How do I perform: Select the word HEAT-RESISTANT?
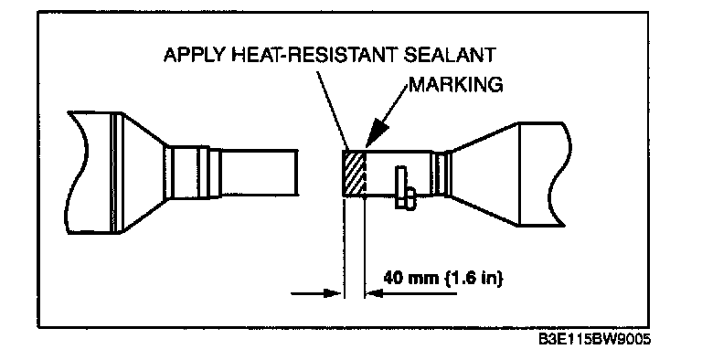314,55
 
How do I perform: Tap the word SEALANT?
450,55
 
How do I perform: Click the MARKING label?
456,85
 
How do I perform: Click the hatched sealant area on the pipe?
354,173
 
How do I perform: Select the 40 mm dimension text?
411,278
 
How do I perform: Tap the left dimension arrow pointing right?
316,293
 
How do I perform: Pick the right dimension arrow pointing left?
411,293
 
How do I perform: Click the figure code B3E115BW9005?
594,339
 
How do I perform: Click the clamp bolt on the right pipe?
405,187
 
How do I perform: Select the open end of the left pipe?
296,173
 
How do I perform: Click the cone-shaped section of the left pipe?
144,173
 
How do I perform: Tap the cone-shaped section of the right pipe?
484,175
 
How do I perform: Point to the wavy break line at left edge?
77,173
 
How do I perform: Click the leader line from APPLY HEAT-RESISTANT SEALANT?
333,111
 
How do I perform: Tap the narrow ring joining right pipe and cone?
441,175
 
